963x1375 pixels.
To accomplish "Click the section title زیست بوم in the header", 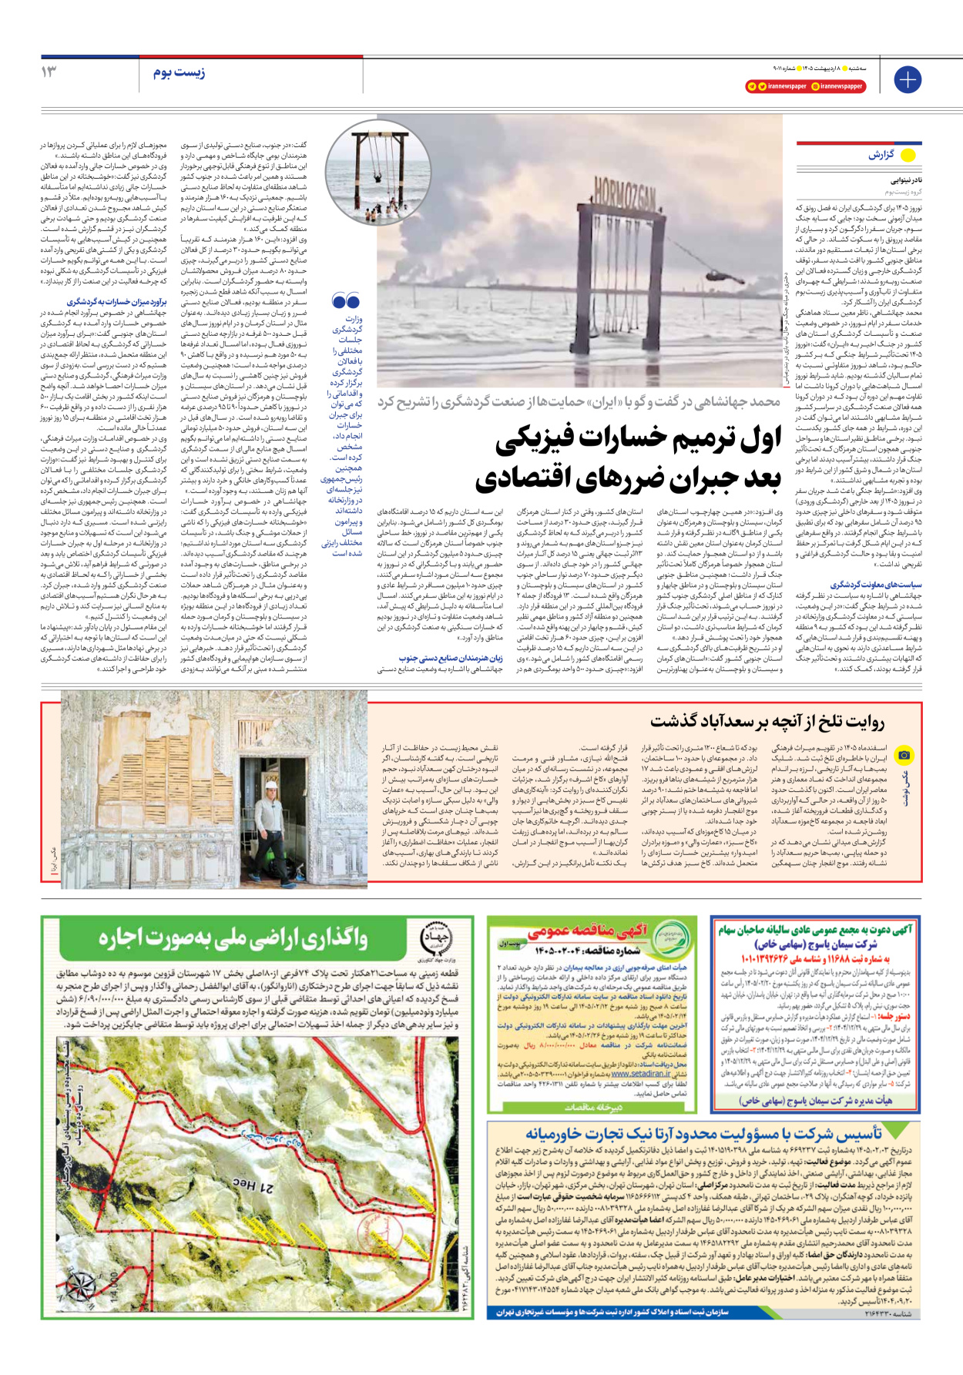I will (x=179, y=72).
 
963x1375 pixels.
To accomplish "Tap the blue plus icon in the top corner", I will (x=908, y=79).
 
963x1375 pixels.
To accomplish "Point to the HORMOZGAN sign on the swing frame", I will (x=624, y=203).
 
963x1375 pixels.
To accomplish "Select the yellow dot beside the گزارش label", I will (x=908, y=155).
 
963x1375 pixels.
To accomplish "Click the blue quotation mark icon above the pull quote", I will (x=346, y=301).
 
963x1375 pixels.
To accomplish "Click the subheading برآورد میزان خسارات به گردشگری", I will (x=117, y=302).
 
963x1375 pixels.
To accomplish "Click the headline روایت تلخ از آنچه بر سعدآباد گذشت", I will (x=767, y=721).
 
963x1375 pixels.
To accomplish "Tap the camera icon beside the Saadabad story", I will (x=904, y=756).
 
